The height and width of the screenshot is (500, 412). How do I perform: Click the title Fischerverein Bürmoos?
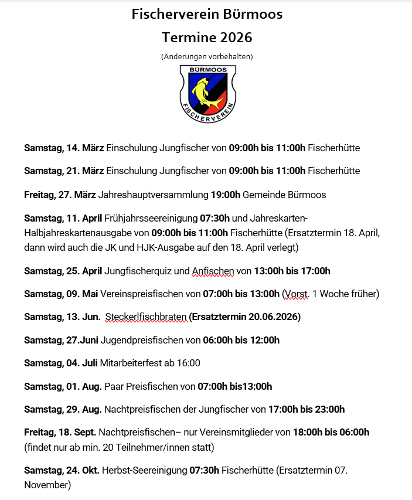(x=206, y=15)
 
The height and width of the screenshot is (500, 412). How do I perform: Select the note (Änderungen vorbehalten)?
(x=206, y=57)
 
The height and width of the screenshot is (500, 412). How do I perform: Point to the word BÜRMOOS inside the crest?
(x=207, y=70)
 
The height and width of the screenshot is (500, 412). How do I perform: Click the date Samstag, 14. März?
(x=64, y=148)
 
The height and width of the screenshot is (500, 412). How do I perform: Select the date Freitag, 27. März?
(x=60, y=195)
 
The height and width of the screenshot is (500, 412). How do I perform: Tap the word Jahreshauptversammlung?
(x=153, y=195)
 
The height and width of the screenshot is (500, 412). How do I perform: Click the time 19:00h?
(x=225, y=195)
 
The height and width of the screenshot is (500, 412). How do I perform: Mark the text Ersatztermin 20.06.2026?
(x=246, y=317)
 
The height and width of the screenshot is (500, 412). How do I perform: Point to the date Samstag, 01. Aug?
(x=63, y=386)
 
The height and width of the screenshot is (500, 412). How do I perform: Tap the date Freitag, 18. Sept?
(x=60, y=433)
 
